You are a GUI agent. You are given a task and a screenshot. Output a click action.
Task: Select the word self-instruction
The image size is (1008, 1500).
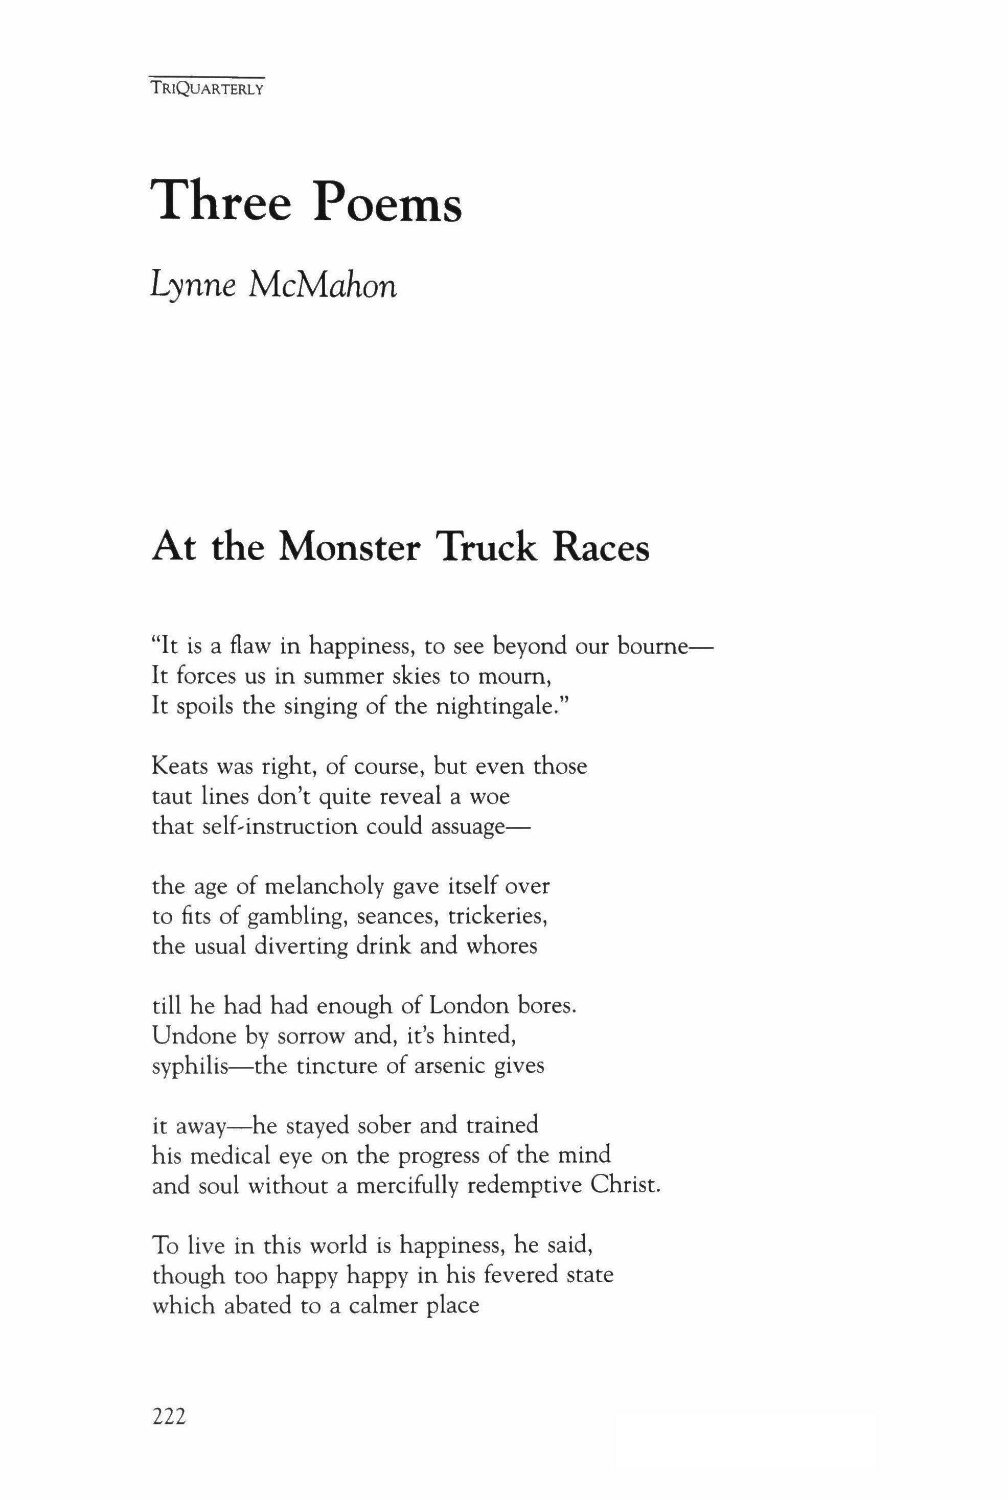click(281, 826)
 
